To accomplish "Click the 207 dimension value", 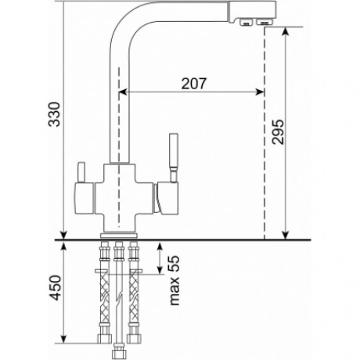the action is (193, 84).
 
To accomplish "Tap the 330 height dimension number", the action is (54, 114).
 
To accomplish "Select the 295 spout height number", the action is (277, 132).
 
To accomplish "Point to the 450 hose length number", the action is (56, 288).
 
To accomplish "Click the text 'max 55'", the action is (175, 280).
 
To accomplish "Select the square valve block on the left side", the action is (84, 198).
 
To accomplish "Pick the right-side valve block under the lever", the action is (167, 198).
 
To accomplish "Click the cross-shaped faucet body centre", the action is (120, 198).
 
